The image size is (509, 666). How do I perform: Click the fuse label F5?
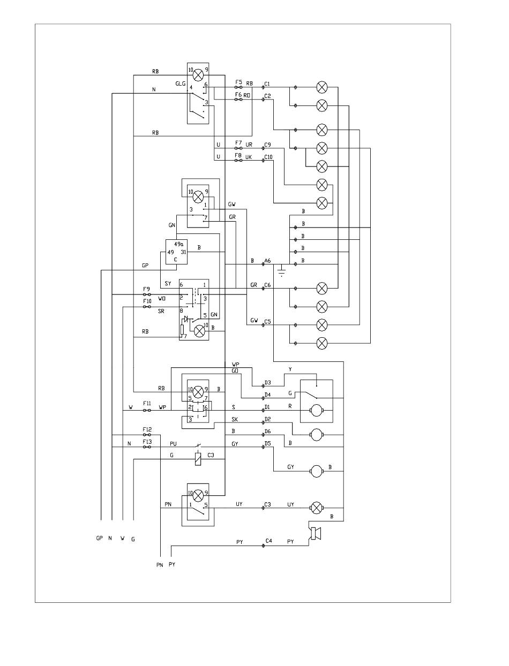(x=238, y=82)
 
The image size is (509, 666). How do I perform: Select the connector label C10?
(x=268, y=157)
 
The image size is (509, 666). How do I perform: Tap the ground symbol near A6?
(x=282, y=270)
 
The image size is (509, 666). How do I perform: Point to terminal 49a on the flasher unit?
(x=179, y=244)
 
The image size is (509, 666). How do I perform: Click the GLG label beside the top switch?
(x=180, y=84)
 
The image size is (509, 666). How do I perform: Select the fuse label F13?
(x=147, y=442)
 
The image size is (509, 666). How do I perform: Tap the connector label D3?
(x=267, y=383)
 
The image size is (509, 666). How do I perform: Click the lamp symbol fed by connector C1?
(x=321, y=87)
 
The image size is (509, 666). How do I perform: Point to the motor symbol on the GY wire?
(x=316, y=471)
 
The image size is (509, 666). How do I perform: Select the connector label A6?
(x=267, y=261)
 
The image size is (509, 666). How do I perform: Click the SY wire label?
(x=168, y=283)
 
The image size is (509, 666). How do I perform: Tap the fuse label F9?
(x=146, y=289)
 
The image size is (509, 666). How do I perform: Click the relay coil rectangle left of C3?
(x=198, y=459)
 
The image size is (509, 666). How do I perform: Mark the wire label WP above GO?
(x=235, y=365)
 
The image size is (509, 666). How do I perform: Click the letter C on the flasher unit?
(x=175, y=260)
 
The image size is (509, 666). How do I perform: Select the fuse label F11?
(x=147, y=403)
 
